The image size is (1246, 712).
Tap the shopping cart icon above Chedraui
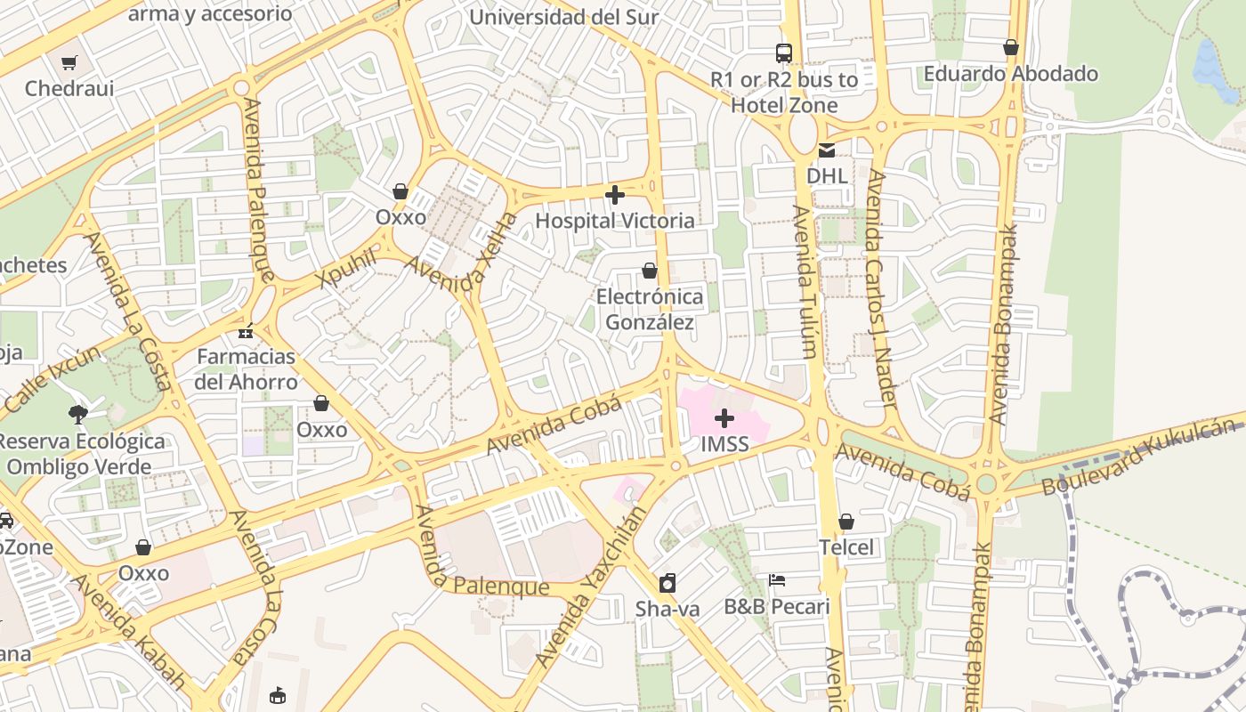click(x=69, y=62)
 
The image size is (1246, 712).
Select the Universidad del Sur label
click(x=563, y=17)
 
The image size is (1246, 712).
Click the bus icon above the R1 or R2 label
click(x=783, y=53)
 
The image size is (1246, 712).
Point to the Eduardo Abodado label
click(x=1010, y=73)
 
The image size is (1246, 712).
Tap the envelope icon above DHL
click(x=827, y=150)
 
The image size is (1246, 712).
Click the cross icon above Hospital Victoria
click(x=614, y=194)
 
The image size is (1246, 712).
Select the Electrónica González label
click(x=649, y=309)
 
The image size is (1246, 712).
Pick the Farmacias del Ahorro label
click(x=247, y=369)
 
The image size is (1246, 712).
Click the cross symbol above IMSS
click(x=724, y=417)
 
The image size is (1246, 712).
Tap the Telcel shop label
click(x=846, y=547)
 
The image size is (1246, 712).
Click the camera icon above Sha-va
click(x=667, y=583)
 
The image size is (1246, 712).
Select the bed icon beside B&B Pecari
click(x=776, y=580)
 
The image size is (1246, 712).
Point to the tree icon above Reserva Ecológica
click(x=78, y=413)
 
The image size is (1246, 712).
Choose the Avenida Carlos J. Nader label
click(x=881, y=289)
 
